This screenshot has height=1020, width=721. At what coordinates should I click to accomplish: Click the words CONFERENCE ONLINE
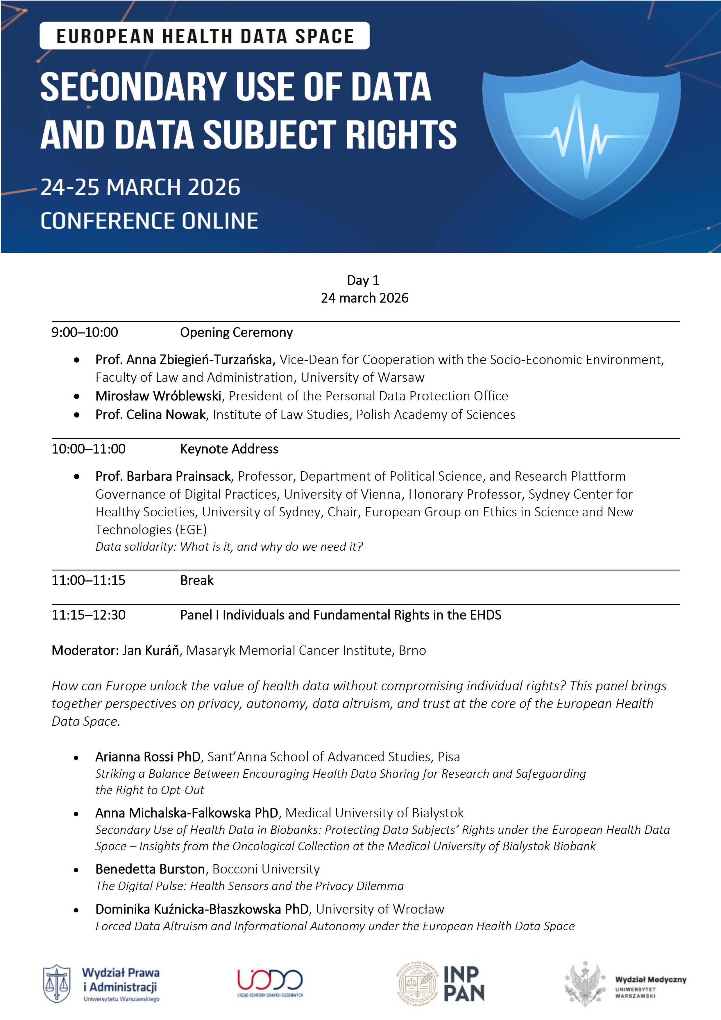(149, 221)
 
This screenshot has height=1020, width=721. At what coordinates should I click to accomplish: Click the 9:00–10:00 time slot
(85, 332)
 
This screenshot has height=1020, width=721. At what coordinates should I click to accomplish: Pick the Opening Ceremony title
(236, 332)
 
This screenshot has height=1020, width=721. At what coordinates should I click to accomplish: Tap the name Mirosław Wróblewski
(158, 396)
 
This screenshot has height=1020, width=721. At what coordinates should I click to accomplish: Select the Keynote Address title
(229, 449)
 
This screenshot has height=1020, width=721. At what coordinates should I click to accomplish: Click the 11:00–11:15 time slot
(88, 580)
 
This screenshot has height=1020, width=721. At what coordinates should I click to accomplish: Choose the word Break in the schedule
(197, 580)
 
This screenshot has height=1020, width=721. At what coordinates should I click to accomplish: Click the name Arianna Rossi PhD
(148, 757)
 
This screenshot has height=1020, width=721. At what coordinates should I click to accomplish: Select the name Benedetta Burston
(150, 869)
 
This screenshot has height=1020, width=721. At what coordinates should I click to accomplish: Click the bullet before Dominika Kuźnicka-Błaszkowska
(76, 910)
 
